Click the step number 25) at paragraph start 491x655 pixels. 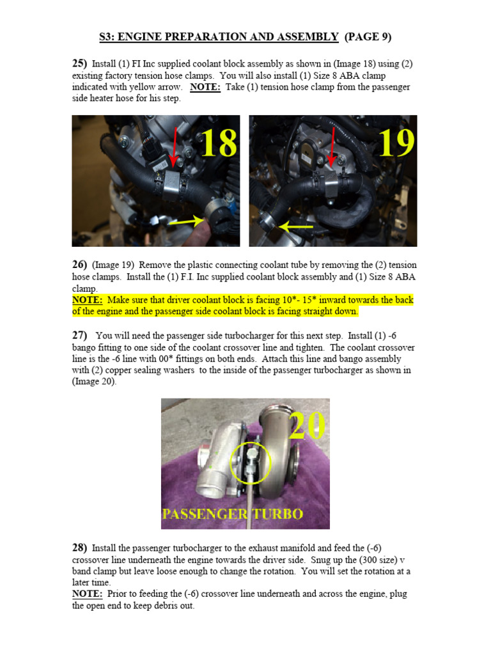click(x=79, y=63)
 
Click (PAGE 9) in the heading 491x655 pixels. click(x=368, y=36)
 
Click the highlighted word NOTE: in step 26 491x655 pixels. click(x=87, y=300)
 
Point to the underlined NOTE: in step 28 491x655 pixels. click(x=87, y=594)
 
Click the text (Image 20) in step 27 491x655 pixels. click(x=93, y=382)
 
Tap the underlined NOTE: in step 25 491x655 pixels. click(x=205, y=87)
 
